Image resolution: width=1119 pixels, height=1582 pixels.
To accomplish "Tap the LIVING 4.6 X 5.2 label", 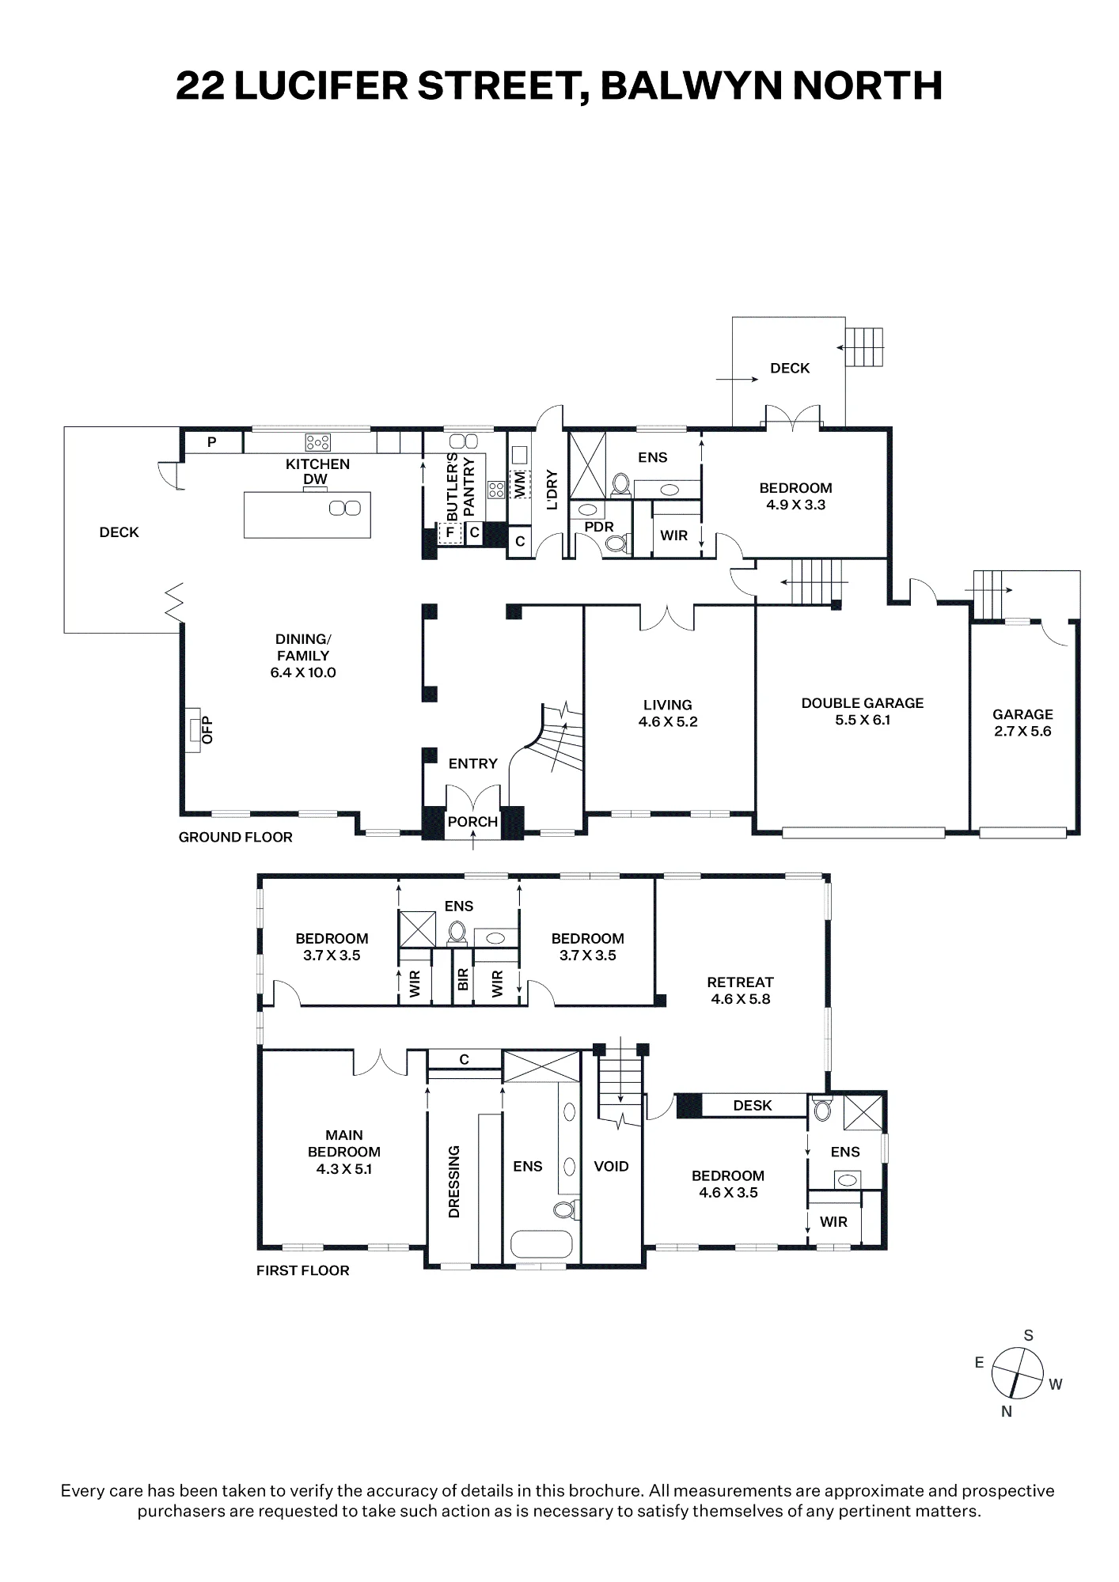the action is [x=668, y=713].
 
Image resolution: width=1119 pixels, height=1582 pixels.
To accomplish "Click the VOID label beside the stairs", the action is [x=611, y=1166].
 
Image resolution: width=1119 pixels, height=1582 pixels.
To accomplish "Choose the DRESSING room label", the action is [x=453, y=1182].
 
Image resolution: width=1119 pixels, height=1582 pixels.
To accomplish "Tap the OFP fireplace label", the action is [x=208, y=729].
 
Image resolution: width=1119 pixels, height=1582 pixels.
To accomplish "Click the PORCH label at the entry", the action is [x=472, y=822].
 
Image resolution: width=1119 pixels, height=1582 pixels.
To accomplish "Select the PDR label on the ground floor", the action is [x=599, y=527].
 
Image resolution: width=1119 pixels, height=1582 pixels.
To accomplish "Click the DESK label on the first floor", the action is [x=752, y=1105].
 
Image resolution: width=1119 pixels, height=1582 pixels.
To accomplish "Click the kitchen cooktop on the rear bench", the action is [x=318, y=442].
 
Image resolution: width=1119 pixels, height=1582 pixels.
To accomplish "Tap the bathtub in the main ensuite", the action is [x=541, y=1244].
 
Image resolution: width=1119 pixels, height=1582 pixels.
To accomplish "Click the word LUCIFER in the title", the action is [x=321, y=85].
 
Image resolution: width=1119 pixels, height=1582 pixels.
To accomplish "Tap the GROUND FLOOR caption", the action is [x=236, y=837].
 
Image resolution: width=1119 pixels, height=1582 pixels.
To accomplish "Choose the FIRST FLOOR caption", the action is [x=302, y=1270].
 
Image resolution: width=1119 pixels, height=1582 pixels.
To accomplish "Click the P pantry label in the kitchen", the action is [x=211, y=442].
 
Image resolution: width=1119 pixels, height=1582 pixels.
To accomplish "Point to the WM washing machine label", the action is [x=520, y=485].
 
